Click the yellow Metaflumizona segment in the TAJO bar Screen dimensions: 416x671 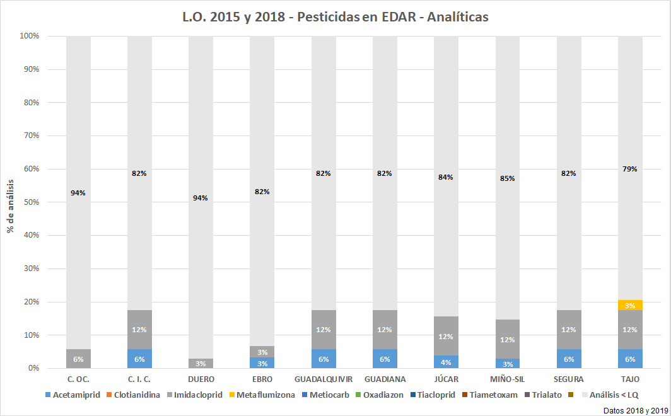coord(630,305)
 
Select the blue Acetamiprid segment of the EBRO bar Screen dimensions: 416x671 coord(262,363)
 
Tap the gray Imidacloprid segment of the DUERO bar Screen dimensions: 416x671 coord(201,364)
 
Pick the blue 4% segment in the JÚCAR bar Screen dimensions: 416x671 coord(446,362)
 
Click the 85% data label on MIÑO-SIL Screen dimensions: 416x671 coord(507,178)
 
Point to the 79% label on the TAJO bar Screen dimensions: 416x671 coord(629,169)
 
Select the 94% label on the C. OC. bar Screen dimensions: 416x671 coord(78,193)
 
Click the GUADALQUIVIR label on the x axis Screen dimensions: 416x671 coord(323,379)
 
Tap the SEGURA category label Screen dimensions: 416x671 coord(568,379)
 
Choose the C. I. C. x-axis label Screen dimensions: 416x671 coord(139,379)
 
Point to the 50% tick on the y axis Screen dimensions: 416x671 coord(30,202)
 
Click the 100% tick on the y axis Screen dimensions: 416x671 coord(28,36)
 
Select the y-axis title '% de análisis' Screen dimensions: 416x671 coord(11,202)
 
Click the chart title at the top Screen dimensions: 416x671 coord(335,17)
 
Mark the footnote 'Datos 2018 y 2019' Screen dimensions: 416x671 coord(635,410)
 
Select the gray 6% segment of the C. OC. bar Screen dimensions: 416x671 coord(78,359)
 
